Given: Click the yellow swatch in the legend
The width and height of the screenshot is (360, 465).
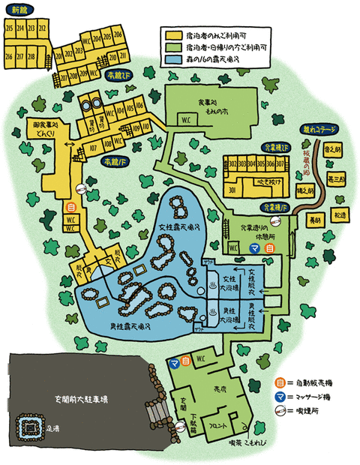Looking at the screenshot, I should point(174,34).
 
